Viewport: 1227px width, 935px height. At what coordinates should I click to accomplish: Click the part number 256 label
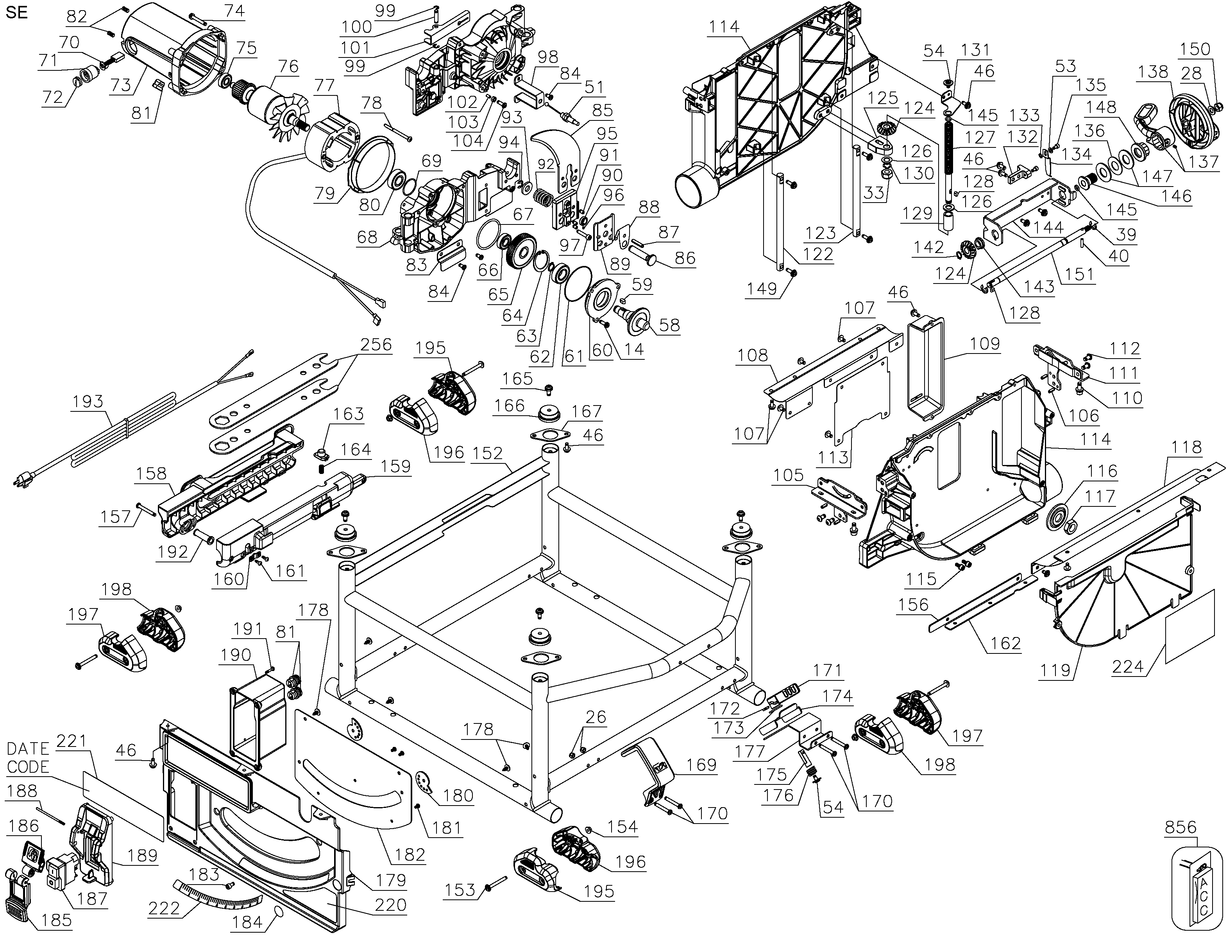pyautogui.click(x=376, y=345)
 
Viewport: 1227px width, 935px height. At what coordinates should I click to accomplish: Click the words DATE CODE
pyautogui.click(x=28, y=757)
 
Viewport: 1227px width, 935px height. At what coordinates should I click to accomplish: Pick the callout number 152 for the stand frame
pyautogui.click(x=487, y=454)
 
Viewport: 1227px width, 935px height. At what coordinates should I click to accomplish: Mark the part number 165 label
pyautogui.click(x=517, y=379)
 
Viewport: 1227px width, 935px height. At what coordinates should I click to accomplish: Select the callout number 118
pyautogui.click(x=1186, y=447)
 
